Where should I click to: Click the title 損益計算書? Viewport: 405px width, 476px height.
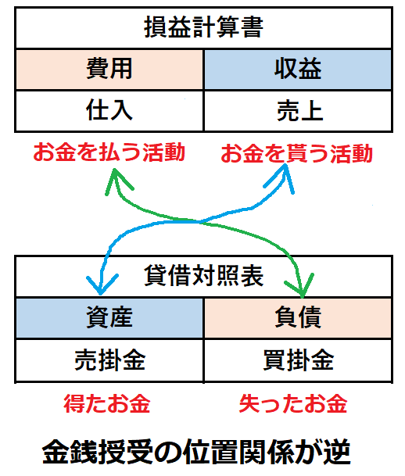coord(203,27)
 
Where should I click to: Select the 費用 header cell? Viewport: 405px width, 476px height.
coord(109,70)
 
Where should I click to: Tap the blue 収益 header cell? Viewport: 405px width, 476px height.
coord(298,70)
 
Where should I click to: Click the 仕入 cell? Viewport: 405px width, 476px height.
coord(109,111)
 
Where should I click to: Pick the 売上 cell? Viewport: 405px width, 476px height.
coord(298,111)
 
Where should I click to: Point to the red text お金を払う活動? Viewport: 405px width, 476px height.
coord(109,152)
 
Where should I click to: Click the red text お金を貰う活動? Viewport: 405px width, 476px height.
coord(297,153)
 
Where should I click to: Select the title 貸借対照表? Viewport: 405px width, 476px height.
coord(203,276)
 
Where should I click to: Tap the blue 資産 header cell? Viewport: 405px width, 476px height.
coord(109,318)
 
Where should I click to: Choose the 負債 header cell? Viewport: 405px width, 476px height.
coord(298,318)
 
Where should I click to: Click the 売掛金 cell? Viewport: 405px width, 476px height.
coord(109,360)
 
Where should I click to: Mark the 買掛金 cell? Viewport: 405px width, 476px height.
coord(298,360)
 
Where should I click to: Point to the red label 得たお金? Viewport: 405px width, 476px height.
coord(107,404)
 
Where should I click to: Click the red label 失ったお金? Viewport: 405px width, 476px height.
coord(293,404)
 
